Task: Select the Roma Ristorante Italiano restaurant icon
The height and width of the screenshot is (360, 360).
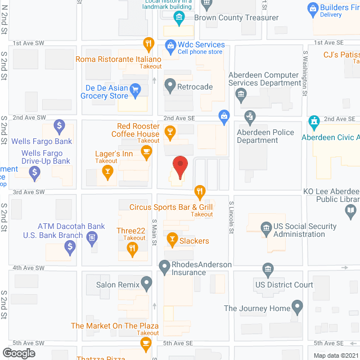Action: click(148, 44)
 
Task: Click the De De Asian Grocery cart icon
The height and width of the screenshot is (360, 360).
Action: click(135, 88)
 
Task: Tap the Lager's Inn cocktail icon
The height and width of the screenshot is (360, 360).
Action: click(107, 175)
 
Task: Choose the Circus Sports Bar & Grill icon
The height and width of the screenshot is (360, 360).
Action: click(199, 191)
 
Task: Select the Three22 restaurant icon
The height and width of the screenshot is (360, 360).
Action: click(133, 251)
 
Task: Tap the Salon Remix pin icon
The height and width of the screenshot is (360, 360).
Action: click(147, 284)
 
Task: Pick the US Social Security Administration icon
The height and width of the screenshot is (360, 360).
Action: click(265, 227)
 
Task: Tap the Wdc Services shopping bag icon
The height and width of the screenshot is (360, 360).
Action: click(169, 44)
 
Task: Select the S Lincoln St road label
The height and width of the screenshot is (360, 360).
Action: click(231, 217)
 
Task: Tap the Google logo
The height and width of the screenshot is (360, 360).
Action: click(18, 353)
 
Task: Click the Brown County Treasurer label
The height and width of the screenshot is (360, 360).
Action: click(236, 17)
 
